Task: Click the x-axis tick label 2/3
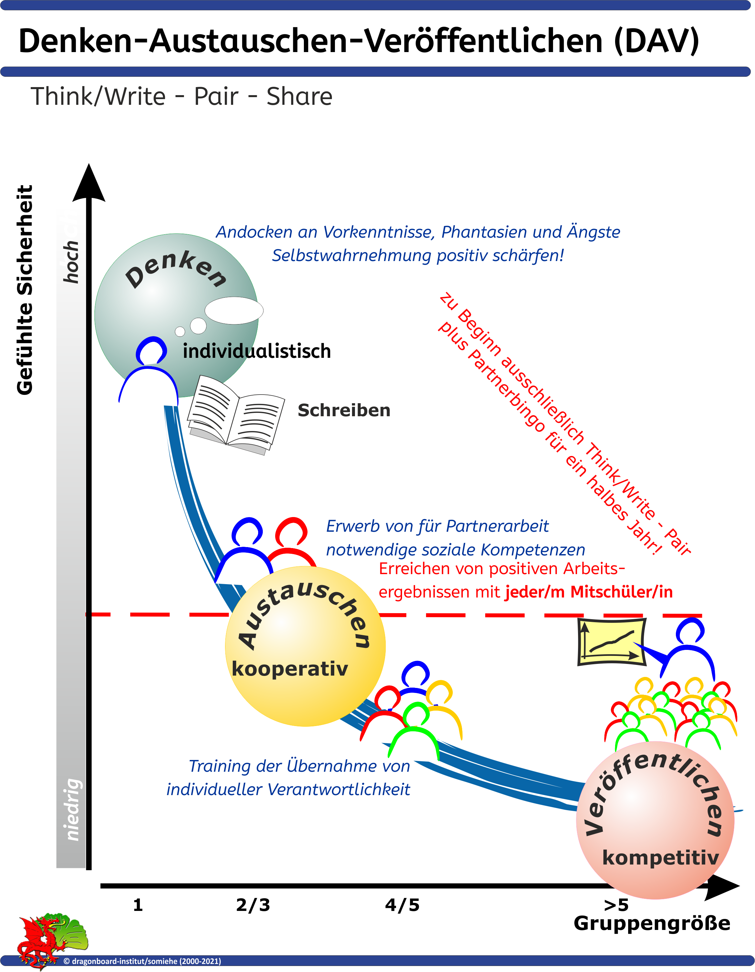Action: [253, 905]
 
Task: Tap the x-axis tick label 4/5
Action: [402, 905]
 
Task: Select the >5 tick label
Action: [616, 905]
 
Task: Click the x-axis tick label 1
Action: [138, 905]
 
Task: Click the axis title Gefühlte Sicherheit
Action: [25, 290]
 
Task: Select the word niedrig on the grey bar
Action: [72, 810]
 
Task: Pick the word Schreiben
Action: [344, 410]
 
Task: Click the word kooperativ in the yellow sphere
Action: [290, 669]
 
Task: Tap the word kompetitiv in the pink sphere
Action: [660, 858]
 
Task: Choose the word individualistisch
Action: [257, 351]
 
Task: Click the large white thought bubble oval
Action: [234, 310]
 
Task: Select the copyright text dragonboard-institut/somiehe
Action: [143, 961]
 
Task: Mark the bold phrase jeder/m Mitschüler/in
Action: [588, 592]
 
